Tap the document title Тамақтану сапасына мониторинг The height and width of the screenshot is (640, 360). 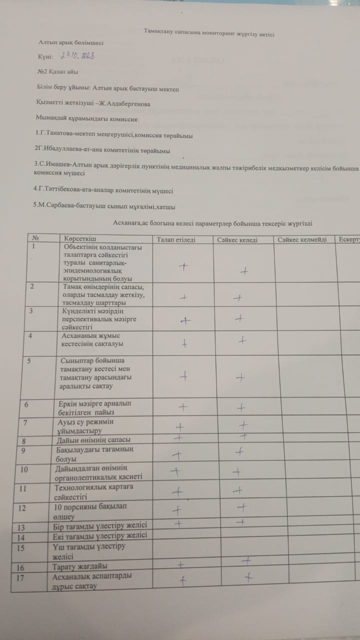pyautogui.click(x=209, y=33)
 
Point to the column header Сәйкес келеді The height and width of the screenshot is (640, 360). pyautogui.click(x=237, y=240)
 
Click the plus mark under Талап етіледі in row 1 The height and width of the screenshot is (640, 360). pyautogui.click(x=183, y=266)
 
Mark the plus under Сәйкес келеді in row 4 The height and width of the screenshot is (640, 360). pyautogui.click(x=242, y=340)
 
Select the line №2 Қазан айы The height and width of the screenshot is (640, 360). pyautogui.click(x=57, y=71)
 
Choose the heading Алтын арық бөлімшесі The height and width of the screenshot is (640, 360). pyautogui.click(x=71, y=43)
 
